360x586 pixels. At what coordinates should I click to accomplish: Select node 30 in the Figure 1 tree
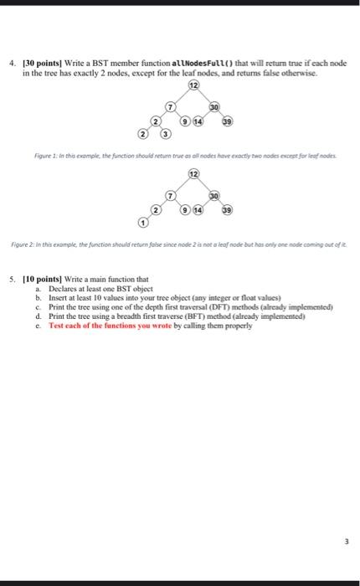pyautogui.click(x=213, y=107)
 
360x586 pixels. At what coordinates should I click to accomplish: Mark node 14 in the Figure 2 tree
pyautogui.click(x=198, y=208)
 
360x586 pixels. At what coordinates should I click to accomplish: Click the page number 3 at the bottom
pyautogui.click(x=334, y=541)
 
